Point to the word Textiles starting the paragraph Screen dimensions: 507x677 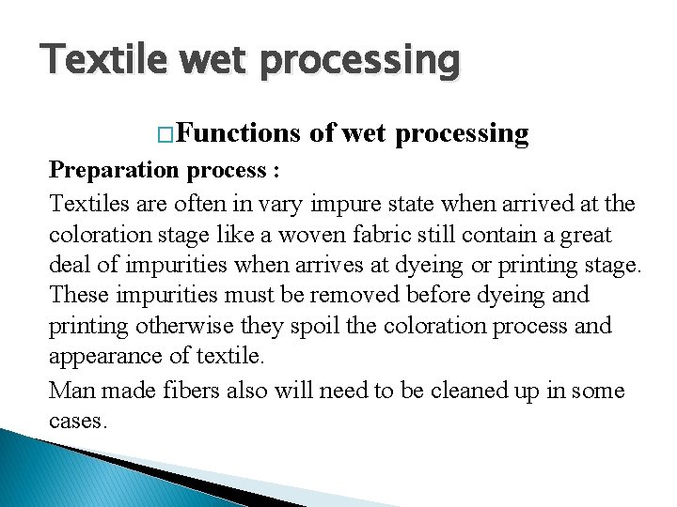(x=90, y=203)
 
